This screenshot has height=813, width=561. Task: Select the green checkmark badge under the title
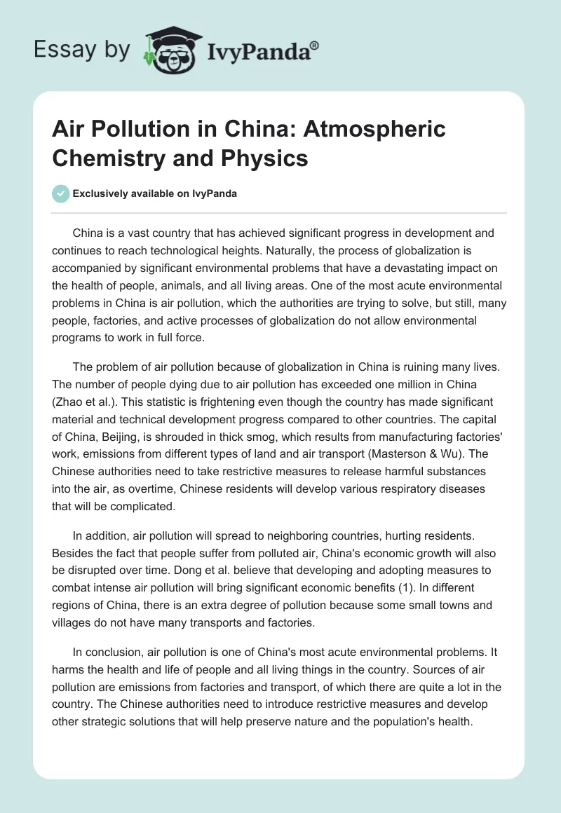pos(61,193)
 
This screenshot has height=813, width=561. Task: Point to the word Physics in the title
pos(267,158)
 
